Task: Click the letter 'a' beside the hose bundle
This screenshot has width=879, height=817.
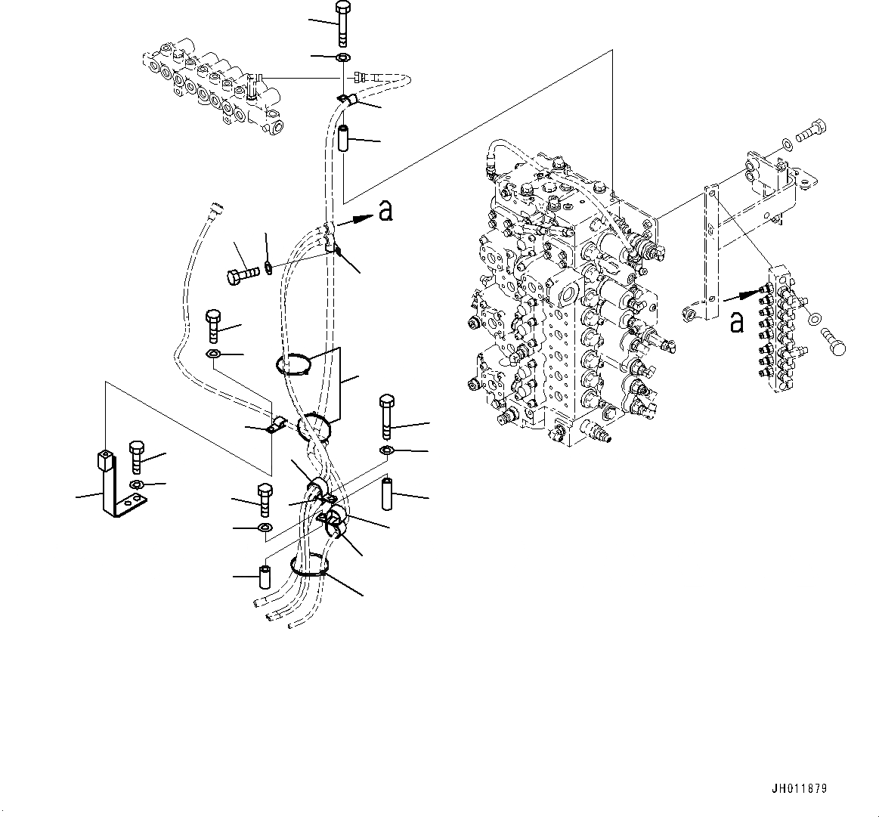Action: pos(385,212)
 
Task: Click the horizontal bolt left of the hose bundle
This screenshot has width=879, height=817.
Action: pos(241,273)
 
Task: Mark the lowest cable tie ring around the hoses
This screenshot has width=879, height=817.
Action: pos(310,567)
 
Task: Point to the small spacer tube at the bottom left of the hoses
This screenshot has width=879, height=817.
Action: pos(265,577)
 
